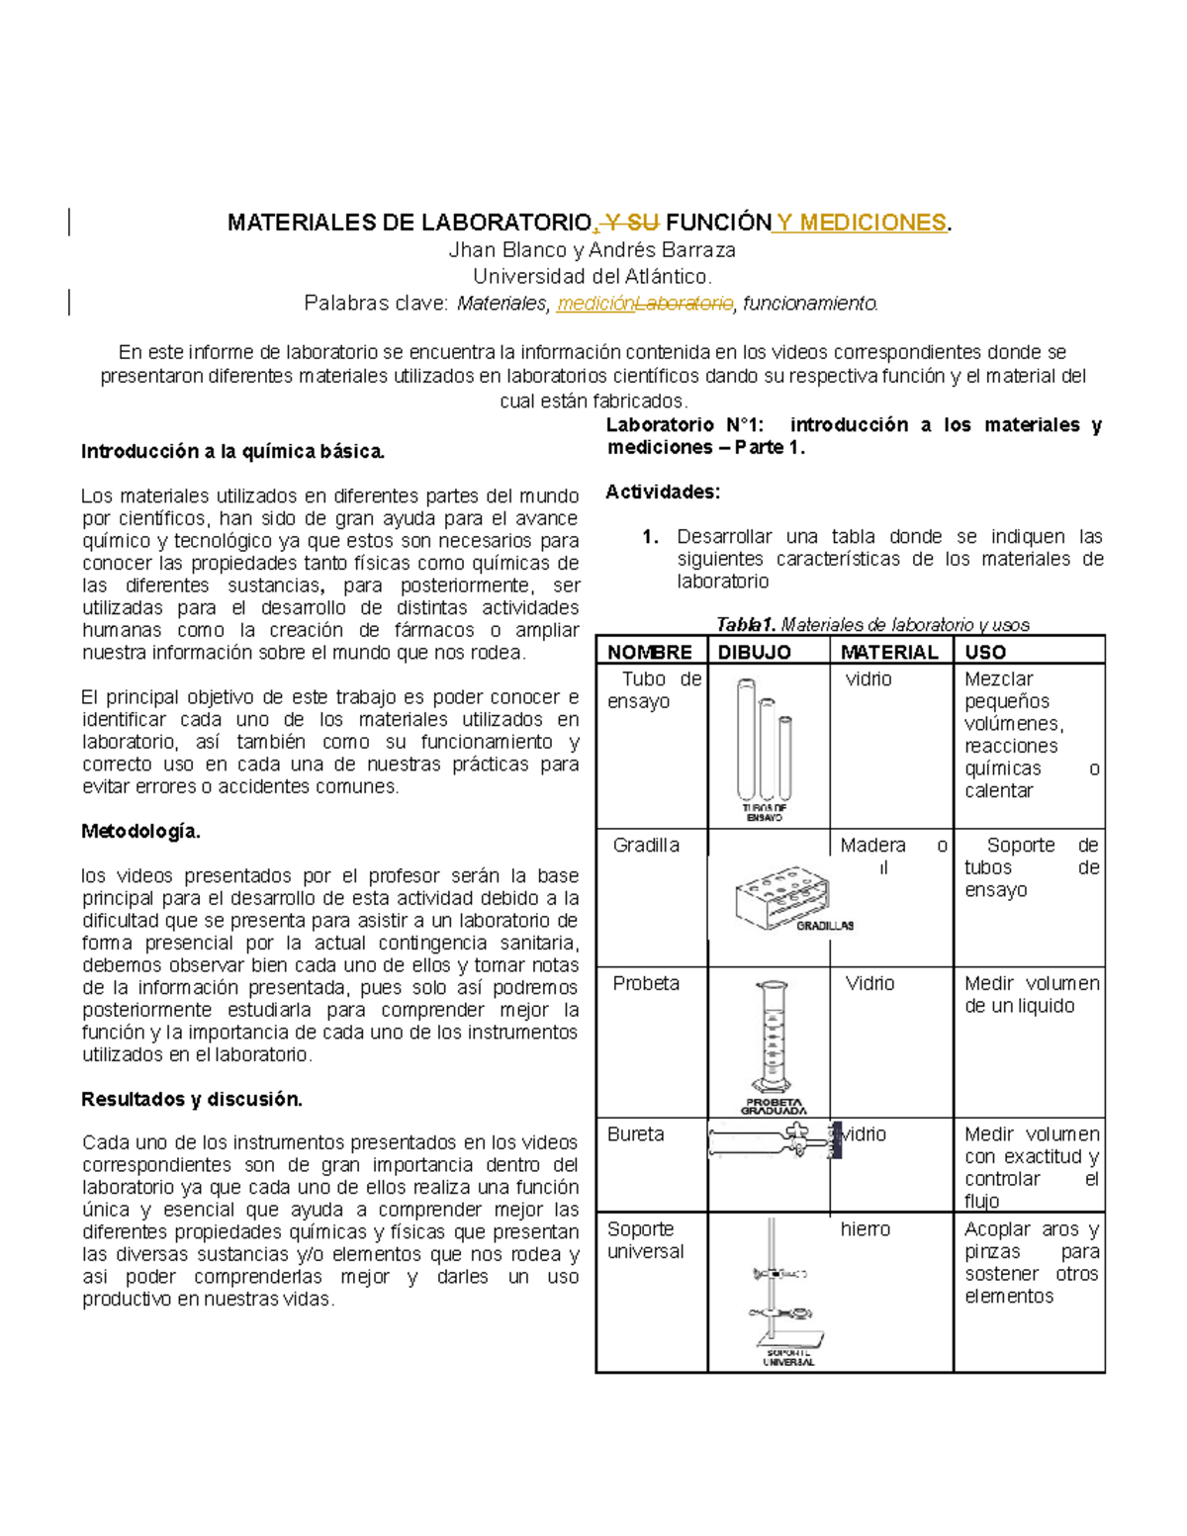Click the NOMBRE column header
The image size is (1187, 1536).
coord(650,652)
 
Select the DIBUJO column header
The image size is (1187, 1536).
coord(754,652)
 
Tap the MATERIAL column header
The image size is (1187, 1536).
coord(888,652)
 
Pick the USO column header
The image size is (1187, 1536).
coord(985,652)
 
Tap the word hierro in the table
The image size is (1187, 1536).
coord(866,1229)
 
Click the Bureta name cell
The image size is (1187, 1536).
coord(636,1134)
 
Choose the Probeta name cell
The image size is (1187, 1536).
coord(646,983)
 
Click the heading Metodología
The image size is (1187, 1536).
coord(140,832)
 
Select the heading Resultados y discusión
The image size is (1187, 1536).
coord(192,1099)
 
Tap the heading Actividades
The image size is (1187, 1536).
coord(663,492)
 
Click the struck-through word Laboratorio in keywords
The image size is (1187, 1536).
coord(684,304)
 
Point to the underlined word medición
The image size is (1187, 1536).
coord(594,304)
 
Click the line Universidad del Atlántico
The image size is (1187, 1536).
coord(592,277)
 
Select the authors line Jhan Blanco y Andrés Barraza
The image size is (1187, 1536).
coord(592,250)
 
